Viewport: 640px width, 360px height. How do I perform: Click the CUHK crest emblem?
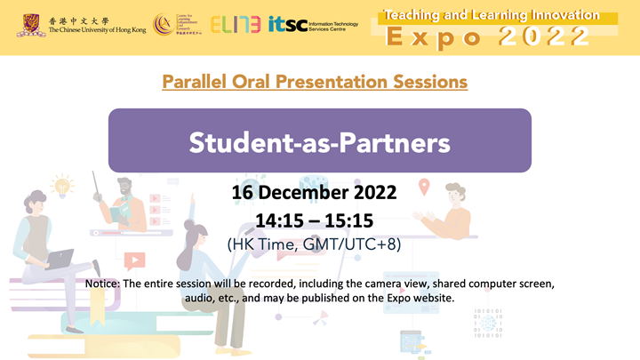click(x=28, y=25)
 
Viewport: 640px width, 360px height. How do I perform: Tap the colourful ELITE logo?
click(x=236, y=25)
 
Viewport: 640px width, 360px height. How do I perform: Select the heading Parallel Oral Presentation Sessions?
click(x=315, y=82)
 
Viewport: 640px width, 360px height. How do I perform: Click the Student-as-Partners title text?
click(x=319, y=140)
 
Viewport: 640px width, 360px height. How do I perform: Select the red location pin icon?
click(x=424, y=187)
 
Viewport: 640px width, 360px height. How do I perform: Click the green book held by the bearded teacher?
click(x=118, y=213)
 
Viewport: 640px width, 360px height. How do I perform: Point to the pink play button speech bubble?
click(x=134, y=261)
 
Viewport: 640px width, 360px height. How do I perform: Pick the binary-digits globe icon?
click(x=485, y=324)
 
